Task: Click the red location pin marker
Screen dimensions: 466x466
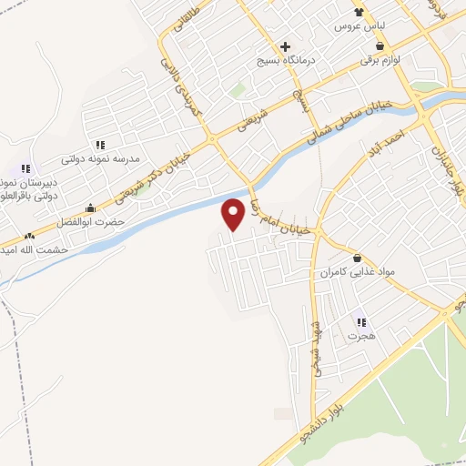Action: [x=234, y=212]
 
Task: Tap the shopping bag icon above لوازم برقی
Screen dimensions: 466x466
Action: [x=380, y=45]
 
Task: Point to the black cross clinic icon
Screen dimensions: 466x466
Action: [x=286, y=46]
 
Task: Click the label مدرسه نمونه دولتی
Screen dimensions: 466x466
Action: [x=100, y=158]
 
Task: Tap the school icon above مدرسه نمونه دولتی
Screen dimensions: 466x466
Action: [x=100, y=145]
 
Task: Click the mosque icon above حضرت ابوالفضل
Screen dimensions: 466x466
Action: [x=89, y=208]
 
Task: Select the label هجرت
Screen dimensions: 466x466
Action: [x=361, y=335]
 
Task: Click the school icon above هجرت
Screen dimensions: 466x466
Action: [x=361, y=321]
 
